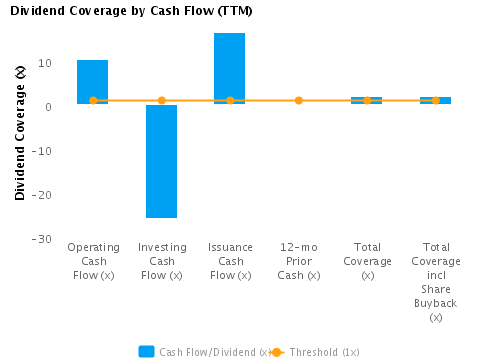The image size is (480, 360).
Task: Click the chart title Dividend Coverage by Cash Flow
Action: point(130,11)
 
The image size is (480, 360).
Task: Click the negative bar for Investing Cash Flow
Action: point(161,160)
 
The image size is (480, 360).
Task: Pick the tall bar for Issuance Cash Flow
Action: point(230,67)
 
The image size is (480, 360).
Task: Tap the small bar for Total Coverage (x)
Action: point(367,100)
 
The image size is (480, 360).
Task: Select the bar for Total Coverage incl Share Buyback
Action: point(435,100)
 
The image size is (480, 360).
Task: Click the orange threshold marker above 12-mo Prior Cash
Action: point(298,101)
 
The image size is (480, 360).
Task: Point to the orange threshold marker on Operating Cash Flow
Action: point(93,101)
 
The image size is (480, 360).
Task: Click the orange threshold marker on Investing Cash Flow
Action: point(161,101)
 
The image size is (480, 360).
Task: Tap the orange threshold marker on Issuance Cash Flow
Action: point(230,101)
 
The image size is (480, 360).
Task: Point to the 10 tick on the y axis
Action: point(44,63)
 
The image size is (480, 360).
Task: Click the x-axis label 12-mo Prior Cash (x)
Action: point(298,261)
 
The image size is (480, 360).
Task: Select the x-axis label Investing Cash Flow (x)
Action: point(161,261)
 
